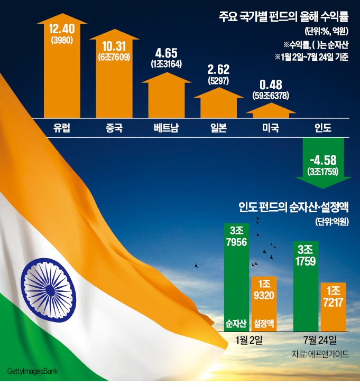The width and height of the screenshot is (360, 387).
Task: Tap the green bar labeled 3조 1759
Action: click(x=307, y=288)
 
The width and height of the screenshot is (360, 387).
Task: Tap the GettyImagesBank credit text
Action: click(x=32, y=373)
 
